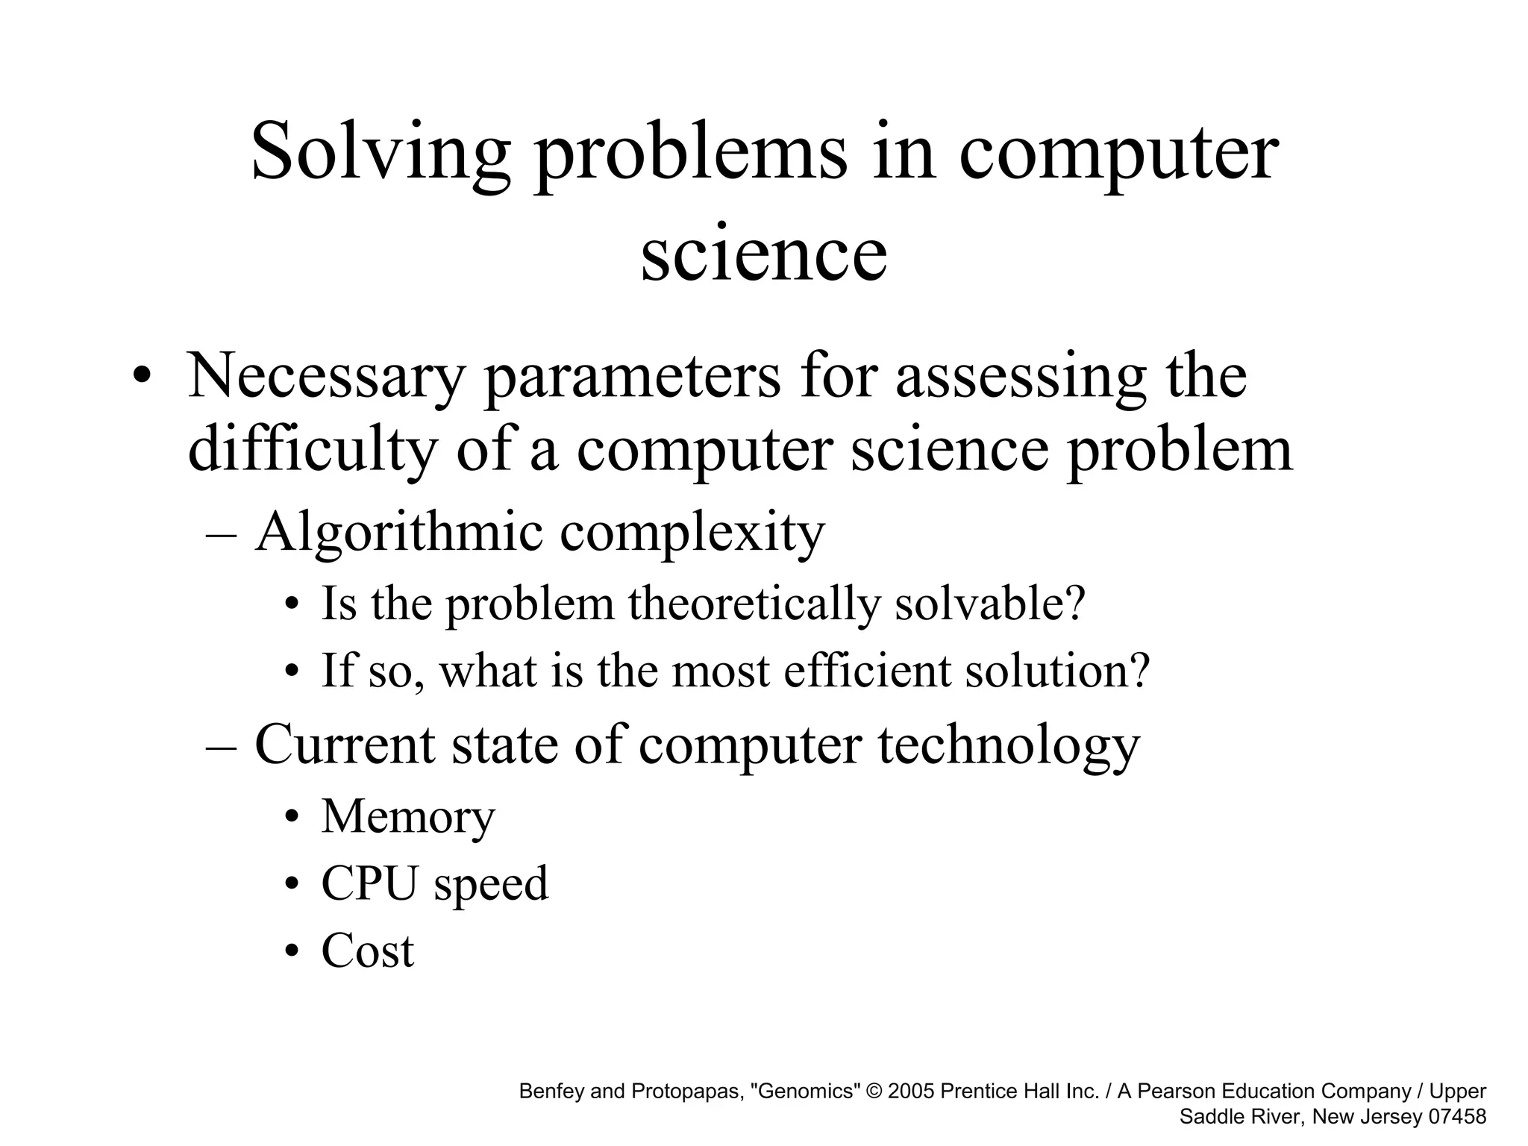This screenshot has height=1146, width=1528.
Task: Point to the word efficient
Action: (866, 670)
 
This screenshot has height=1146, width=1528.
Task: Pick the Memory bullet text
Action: (408, 817)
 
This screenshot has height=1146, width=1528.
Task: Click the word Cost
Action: (368, 951)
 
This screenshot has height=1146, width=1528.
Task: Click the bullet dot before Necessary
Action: (140, 377)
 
